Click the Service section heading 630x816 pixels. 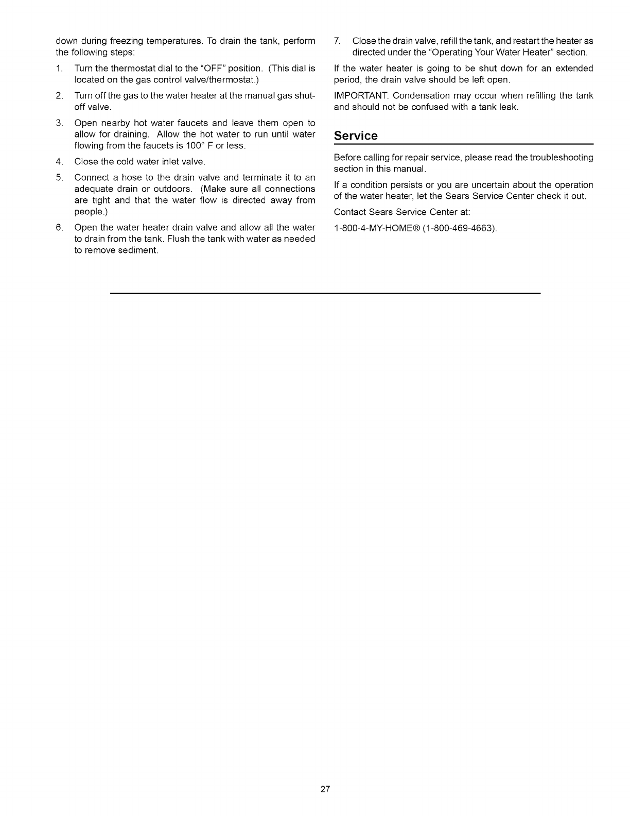click(356, 136)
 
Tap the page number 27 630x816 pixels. click(325, 789)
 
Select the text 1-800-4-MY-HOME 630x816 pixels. click(371, 228)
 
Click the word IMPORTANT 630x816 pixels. click(360, 96)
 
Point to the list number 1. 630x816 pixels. click(60, 69)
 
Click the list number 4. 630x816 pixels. click(60, 162)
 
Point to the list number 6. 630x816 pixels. click(60, 228)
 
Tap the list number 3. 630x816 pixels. click(60, 123)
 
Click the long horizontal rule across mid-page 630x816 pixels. click(325, 293)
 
